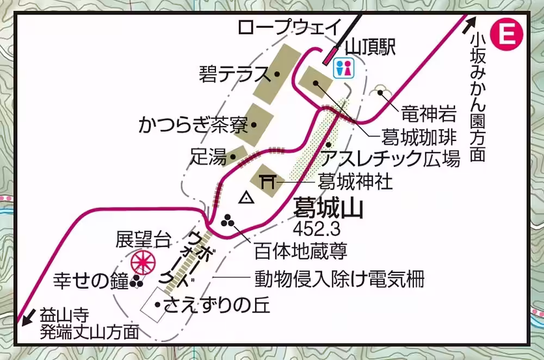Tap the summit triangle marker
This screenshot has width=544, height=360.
click(x=248, y=198)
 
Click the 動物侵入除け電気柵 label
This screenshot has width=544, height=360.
click(x=339, y=280)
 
